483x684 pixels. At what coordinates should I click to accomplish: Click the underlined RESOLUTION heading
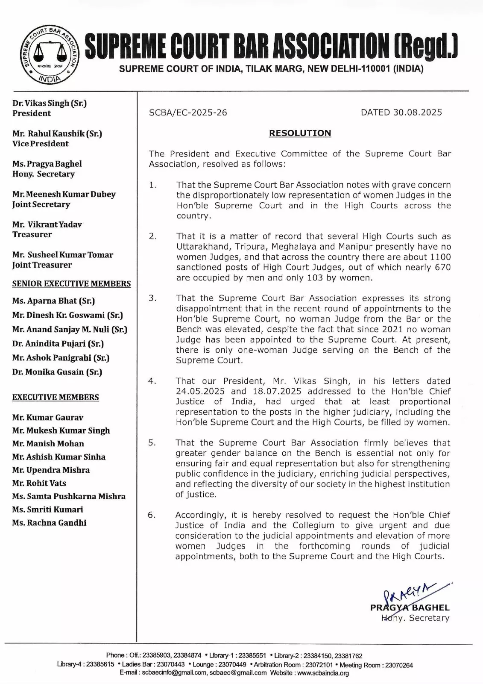click(300, 133)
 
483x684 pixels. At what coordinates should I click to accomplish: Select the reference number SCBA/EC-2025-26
click(188, 113)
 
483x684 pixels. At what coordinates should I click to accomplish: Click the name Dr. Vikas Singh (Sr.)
click(50, 103)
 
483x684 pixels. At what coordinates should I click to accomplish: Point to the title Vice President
click(40, 144)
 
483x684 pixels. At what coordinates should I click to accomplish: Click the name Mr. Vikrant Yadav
click(47, 224)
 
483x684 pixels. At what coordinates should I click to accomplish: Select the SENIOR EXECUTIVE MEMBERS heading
click(71, 284)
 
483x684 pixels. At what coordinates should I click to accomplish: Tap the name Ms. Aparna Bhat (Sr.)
click(53, 301)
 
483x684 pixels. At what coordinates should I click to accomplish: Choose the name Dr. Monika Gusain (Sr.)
click(57, 372)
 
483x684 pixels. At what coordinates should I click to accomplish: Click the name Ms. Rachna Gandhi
click(49, 523)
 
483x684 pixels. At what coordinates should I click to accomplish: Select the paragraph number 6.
click(151, 515)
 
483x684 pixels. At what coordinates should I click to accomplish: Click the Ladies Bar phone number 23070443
click(171, 665)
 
